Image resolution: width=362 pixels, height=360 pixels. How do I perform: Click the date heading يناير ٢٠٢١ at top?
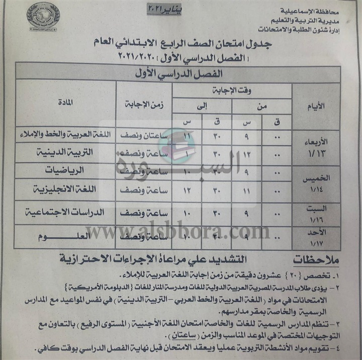(x=167, y=9)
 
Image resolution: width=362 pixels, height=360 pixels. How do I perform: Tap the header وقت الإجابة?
(x=232, y=91)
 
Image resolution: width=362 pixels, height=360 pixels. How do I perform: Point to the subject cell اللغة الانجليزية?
(x=69, y=190)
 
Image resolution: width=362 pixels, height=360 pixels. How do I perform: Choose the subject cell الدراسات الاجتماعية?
(x=65, y=213)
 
